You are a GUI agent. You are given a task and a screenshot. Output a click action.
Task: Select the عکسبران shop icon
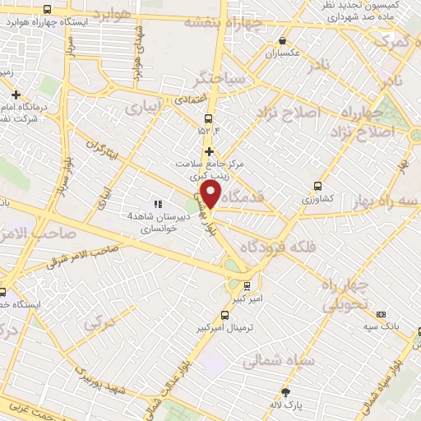283,40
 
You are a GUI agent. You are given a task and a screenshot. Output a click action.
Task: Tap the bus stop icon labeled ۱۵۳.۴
209,118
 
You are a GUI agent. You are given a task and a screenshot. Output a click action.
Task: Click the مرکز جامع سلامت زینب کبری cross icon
209,151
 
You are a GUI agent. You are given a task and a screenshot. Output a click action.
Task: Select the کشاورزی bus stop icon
318,186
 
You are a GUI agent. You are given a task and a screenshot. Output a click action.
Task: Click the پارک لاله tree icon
285,392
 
